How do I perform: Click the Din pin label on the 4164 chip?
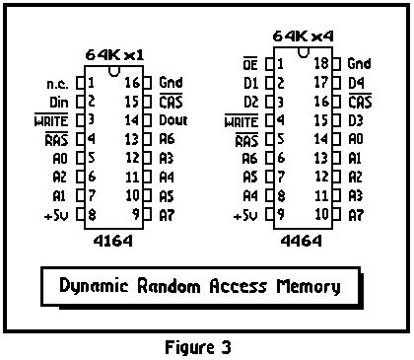point(58,101)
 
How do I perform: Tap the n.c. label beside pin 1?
point(57,83)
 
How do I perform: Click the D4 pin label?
point(357,82)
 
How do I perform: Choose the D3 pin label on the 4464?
point(357,119)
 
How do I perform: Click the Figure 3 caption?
point(204,346)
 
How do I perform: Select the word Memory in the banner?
point(307,287)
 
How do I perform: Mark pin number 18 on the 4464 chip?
point(320,63)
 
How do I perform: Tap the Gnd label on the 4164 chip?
point(172,83)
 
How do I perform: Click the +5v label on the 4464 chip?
point(244,214)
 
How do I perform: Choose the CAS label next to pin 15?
point(172,101)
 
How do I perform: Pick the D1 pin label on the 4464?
point(251,82)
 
